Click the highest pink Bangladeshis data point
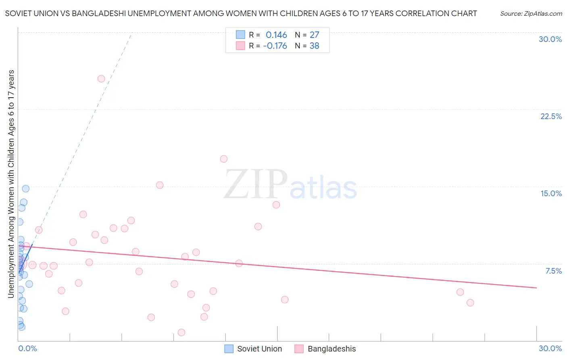point(101,79)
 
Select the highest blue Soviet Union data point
point(26,188)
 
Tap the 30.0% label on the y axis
point(550,39)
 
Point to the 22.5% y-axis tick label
point(551,116)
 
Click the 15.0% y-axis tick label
point(551,193)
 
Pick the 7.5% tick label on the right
point(553,271)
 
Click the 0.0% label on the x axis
point(27,348)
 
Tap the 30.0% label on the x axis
point(550,348)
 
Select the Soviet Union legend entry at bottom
point(253,349)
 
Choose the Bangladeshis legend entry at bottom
point(325,349)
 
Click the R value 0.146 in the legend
point(276,35)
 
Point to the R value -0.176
point(275,46)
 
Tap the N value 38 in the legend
point(314,46)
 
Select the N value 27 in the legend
point(314,35)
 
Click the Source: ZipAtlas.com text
point(531,14)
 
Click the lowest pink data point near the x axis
point(181,333)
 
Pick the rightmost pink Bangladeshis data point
point(470,303)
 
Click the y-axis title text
point(11,184)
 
